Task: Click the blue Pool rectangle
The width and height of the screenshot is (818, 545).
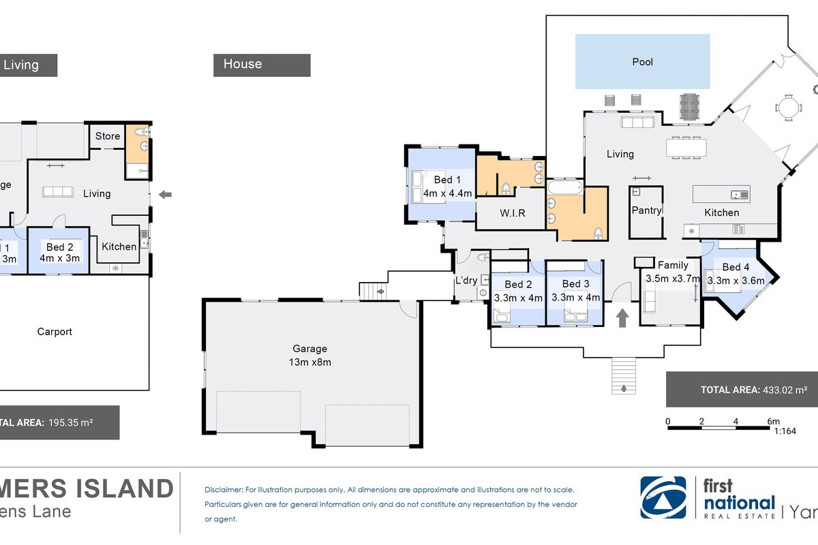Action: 642,62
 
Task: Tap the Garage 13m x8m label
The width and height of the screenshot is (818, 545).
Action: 311,355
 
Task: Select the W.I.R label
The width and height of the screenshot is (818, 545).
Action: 512,213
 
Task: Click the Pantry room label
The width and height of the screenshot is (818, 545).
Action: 646,211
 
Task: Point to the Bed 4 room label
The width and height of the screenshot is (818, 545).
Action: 736,267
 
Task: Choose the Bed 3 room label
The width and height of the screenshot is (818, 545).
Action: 575,283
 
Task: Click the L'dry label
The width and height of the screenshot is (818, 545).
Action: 466,280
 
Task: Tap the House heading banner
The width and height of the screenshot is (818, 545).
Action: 262,65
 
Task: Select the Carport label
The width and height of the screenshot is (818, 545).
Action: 55,332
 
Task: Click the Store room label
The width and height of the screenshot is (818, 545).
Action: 107,136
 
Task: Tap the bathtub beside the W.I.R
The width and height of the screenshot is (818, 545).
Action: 564,187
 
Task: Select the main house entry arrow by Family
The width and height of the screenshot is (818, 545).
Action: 622,317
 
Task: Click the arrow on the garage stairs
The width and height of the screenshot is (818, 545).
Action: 378,293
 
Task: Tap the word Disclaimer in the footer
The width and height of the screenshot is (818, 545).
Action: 224,490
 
